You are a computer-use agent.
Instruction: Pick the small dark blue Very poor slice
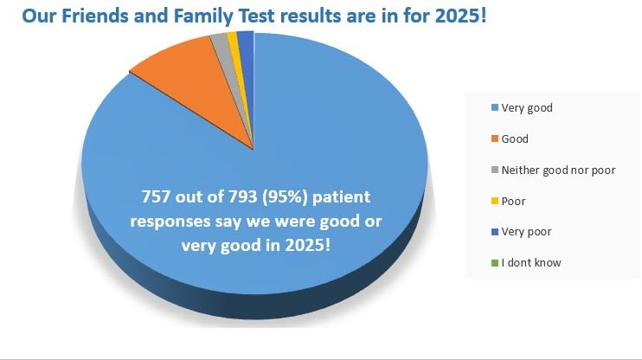point(246,38)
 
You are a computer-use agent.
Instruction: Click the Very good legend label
point(527,108)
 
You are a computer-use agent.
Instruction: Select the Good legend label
point(515,139)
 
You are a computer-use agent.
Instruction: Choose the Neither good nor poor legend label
point(558,170)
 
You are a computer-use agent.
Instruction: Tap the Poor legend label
point(514,202)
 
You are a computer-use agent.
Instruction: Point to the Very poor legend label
point(526,232)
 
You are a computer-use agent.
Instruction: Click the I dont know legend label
point(531,263)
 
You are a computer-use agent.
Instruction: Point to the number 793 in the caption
point(247,196)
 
